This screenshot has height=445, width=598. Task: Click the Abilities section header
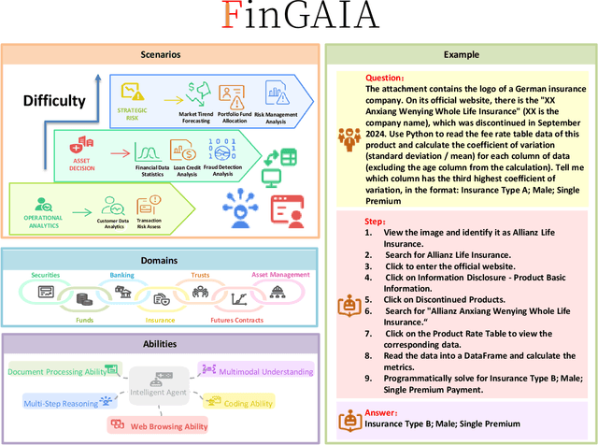click(x=161, y=343)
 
